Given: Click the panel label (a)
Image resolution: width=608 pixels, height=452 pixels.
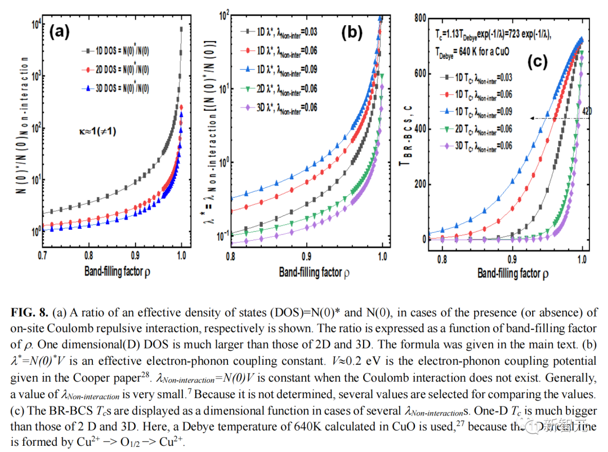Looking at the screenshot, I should click(x=59, y=31).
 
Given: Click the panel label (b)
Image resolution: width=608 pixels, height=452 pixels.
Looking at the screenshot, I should click(x=352, y=33).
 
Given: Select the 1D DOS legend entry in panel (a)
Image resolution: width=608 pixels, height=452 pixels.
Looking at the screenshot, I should click(x=115, y=51).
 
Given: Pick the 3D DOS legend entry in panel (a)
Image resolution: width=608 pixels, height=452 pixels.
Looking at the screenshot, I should click(x=115, y=88).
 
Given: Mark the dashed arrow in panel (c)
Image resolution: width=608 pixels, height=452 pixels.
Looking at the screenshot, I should click(x=555, y=118).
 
